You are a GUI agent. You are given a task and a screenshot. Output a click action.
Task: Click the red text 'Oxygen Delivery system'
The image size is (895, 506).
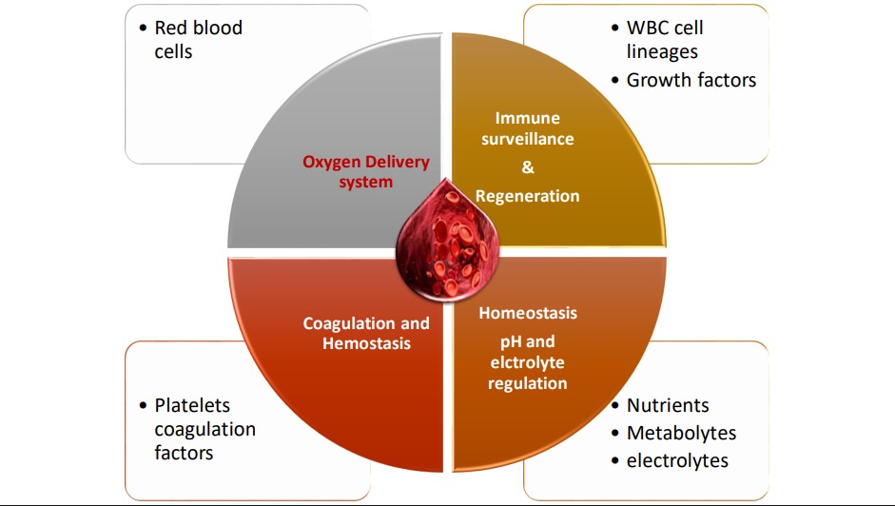(366, 171)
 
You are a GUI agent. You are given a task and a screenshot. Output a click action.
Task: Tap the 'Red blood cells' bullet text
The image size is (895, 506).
(198, 40)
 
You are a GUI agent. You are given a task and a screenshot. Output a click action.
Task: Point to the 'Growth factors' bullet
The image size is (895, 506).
(691, 80)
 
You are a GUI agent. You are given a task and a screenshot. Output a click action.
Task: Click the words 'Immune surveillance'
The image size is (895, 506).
(528, 128)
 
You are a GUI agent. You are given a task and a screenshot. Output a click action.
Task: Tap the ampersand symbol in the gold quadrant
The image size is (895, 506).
(529, 166)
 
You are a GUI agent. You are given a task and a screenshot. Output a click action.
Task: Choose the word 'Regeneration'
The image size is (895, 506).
(528, 196)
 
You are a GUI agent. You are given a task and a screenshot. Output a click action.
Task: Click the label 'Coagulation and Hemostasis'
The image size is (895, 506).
(366, 333)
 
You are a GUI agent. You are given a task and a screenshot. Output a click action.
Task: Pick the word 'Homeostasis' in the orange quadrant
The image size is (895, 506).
(528, 313)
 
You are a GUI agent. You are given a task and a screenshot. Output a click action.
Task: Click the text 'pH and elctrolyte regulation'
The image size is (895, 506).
(528, 362)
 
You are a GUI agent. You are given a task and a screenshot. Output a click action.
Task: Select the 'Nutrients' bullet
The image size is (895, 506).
(667, 405)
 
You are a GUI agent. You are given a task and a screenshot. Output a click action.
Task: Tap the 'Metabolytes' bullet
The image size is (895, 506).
(681, 433)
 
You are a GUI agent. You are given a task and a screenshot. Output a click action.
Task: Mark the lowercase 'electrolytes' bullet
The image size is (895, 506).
(677, 460)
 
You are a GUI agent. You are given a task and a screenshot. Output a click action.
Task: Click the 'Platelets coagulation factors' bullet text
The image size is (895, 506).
(204, 429)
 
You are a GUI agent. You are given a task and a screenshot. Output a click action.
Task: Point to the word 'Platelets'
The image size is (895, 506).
(192, 406)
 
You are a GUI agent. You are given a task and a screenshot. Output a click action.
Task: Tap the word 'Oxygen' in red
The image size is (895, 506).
(329, 162)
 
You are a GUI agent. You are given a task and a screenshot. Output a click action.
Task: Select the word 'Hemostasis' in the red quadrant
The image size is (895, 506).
(366, 342)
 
